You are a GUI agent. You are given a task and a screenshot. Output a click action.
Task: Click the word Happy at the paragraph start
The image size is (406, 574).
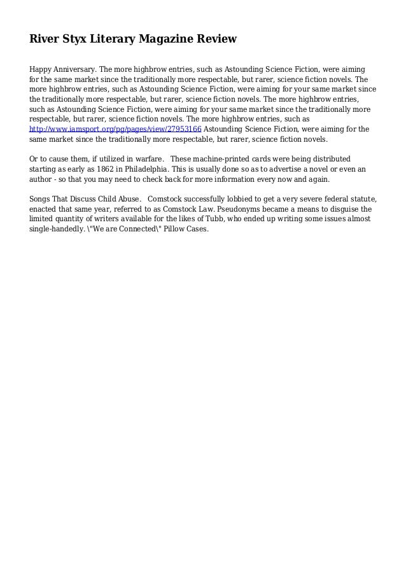click(41, 68)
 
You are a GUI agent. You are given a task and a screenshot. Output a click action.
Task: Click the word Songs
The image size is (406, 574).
click(41, 198)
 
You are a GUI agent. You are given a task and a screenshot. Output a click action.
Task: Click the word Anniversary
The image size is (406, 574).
click(75, 68)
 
